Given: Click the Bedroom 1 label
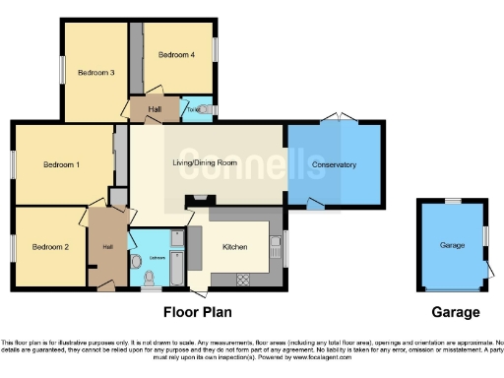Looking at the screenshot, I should [61, 164].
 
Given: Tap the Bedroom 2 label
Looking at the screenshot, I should [50, 245].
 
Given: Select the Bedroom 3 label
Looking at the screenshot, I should [96, 72].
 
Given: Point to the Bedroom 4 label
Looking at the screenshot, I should [176, 55].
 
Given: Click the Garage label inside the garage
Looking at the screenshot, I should [452, 245].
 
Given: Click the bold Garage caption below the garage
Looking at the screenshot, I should [456, 313].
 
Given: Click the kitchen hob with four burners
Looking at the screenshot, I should [246, 280].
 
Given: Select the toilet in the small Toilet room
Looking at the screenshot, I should [201, 110].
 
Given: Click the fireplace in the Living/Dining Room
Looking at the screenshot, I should [201, 200].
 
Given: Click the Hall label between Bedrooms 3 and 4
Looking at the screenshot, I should [155, 109].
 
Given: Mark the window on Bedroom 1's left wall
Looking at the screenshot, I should [13, 163].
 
